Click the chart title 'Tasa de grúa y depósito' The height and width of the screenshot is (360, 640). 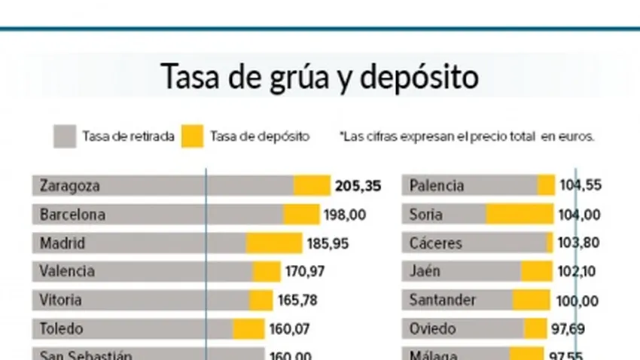click(320, 77)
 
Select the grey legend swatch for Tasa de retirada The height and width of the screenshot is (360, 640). click(65, 136)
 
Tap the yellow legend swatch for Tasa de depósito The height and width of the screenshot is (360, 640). click(192, 136)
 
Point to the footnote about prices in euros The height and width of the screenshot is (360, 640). click(467, 136)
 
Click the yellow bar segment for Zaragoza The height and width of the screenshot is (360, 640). click(312, 185)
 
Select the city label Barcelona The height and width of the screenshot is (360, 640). click(72, 215)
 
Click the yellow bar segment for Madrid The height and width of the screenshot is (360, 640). click(274, 243)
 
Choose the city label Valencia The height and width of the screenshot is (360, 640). click(67, 271)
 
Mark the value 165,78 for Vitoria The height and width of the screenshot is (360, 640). click(297, 300)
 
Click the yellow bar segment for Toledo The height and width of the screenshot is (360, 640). click(248, 328)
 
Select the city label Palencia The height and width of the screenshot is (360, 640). click(436, 185)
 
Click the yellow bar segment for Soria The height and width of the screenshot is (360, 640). click(519, 215)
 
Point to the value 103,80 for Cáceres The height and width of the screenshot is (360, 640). click(580, 243)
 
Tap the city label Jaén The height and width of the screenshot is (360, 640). click(425, 271)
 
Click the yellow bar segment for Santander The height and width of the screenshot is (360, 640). click(532, 300)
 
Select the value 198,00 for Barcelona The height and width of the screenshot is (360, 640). click(345, 215)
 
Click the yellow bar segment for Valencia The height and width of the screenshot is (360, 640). click(267, 271)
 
